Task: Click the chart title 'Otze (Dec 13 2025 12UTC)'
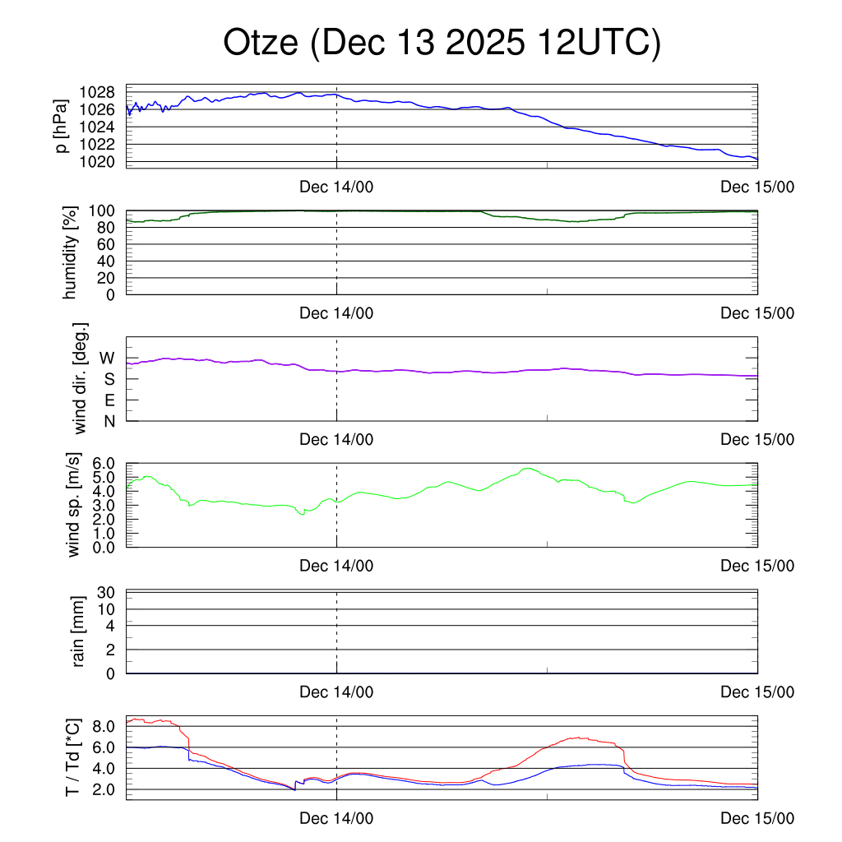tap(442, 44)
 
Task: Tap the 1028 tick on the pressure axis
tap(101, 92)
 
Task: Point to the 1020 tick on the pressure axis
tap(101, 161)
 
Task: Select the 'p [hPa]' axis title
tap(61, 126)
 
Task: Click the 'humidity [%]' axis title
tap(71, 252)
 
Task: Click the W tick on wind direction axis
tap(108, 358)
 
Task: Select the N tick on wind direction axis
tap(109, 421)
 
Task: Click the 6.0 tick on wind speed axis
tap(103, 464)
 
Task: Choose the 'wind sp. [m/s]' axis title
tap(74, 506)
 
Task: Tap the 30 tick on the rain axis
tap(107, 592)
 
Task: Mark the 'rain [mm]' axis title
tap(79, 632)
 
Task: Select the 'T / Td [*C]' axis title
tap(72, 757)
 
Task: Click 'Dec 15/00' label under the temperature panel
tap(757, 818)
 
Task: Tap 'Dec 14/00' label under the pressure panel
tap(336, 187)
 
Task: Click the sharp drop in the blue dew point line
tap(189, 752)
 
